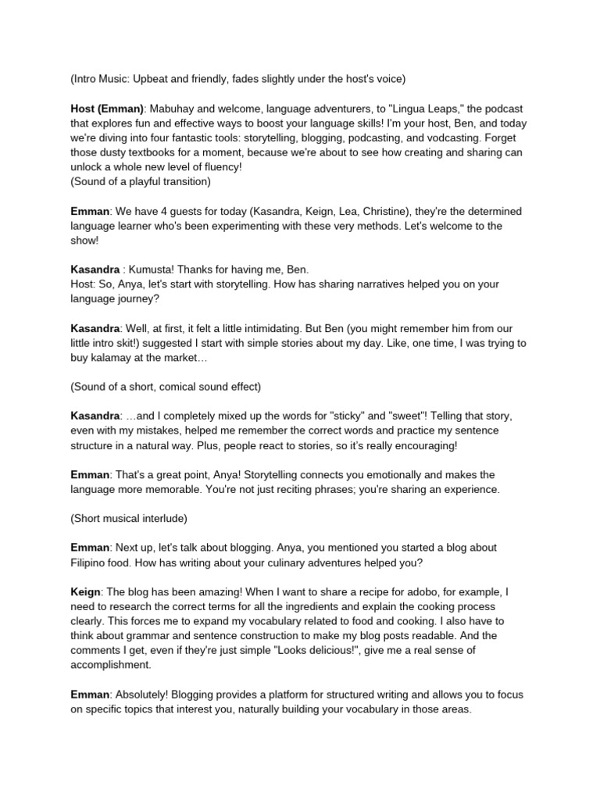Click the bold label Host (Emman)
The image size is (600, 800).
[x=107, y=109]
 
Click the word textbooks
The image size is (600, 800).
[x=160, y=153]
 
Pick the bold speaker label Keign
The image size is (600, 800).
[x=85, y=592]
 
